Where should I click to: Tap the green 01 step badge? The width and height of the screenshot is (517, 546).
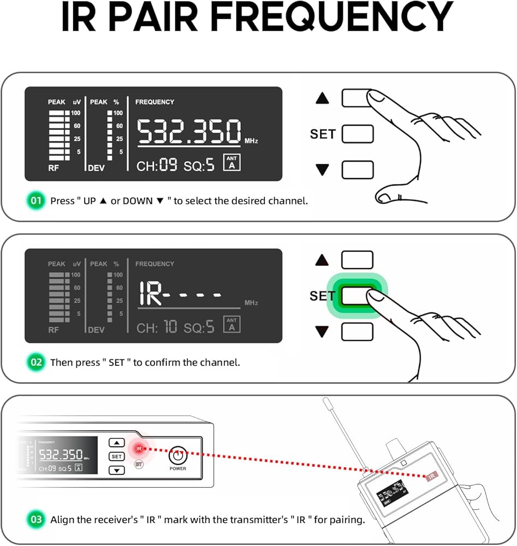coord(36,200)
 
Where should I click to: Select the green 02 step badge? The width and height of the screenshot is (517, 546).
coord(36,362)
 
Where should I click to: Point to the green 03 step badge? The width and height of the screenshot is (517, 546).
coord(36,519)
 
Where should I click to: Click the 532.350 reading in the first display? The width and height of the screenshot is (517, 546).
coord(188,132)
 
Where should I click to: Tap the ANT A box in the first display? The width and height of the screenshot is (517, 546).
coord(232,163)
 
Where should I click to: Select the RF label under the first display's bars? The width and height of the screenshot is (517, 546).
coord(54,169)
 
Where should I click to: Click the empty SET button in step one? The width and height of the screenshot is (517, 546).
coord(358,134)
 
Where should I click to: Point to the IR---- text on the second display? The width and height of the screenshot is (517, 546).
coord(180,295)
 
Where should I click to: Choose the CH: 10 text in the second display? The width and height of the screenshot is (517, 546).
coord(156,328)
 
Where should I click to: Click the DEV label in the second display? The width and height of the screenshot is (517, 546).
coord(96,330)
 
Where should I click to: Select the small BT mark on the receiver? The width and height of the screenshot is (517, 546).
coord(139,464)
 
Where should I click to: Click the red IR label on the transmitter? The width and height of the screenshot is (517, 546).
coord(432,476)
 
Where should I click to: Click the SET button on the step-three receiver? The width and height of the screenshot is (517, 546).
coord(117,456)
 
